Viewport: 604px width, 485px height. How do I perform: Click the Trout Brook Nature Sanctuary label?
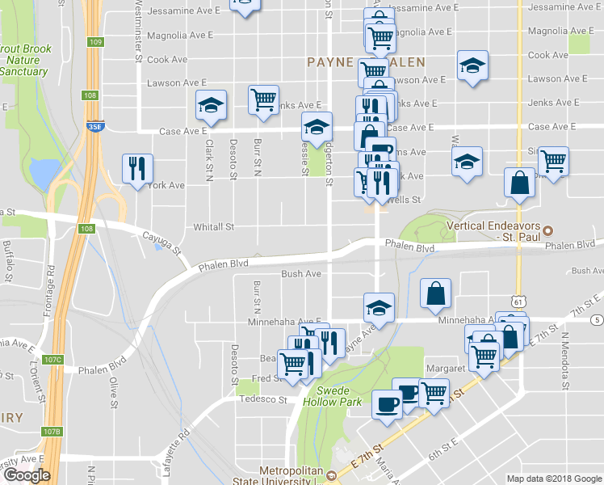(x=25, y=60)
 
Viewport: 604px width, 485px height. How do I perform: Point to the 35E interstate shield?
(x=94, y=127)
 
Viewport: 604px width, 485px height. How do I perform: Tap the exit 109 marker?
(x=96, y=41)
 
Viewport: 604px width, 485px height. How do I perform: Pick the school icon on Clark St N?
(x=211, y=104)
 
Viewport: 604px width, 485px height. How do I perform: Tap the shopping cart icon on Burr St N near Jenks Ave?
(x=263, y=99)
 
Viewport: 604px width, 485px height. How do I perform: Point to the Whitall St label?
(x=213, y=228)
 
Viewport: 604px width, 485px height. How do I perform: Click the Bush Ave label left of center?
(x=301, y=274)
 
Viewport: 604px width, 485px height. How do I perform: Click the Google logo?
(x=27, y=475)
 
